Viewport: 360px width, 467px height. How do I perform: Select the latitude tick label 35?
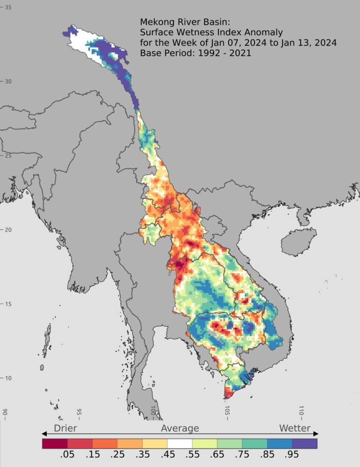point(8,8)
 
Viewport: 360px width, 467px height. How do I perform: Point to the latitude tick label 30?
point(8,82)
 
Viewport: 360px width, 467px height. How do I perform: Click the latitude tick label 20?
point(8,230)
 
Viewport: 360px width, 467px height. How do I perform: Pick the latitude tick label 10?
point(8,378)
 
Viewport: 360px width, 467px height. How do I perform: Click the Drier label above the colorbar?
point(65,428)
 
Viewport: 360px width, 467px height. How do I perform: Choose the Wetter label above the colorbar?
point(295,428)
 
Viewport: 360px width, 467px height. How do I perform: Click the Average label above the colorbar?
point(180,428)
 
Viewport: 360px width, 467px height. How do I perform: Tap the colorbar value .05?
point(67,455)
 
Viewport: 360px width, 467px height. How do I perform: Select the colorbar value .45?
point(167,455)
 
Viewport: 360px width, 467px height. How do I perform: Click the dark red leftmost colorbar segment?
point(54,443)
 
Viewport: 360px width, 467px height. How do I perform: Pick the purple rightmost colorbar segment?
point(305,443)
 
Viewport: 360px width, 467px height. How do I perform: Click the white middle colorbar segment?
point(180,443)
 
